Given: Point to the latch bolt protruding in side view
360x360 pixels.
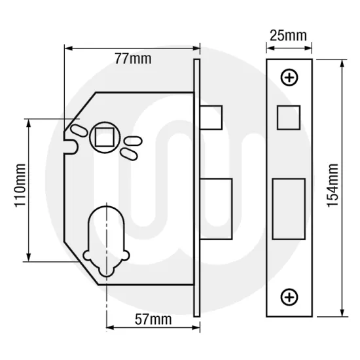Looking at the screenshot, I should tap(212, 117).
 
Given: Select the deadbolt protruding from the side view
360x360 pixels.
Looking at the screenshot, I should tap(217, 208).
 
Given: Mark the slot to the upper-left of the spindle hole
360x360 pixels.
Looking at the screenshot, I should tap(78, 130).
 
